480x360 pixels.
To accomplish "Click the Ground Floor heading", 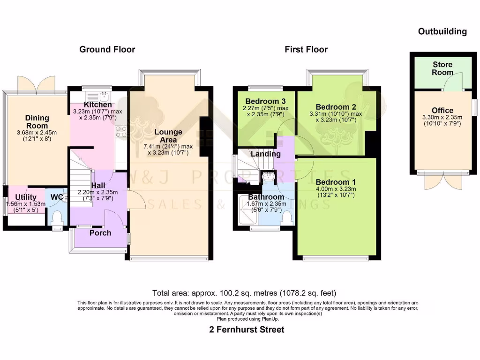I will [107, 49].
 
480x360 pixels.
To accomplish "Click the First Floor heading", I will [306, 49].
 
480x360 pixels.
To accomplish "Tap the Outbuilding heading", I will [442, 31].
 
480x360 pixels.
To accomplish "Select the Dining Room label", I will [37, 122].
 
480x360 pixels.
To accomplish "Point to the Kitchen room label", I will [97, 105].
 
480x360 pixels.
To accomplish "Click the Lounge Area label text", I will [168, 136].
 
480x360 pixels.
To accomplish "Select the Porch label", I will [100, 233].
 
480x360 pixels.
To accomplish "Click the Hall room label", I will [98, 186].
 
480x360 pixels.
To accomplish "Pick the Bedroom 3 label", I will [265, 101].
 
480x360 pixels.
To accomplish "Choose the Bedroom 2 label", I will [336, 106].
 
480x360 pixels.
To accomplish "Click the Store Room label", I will [442, 68].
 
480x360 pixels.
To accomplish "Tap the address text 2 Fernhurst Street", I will [247, 330].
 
